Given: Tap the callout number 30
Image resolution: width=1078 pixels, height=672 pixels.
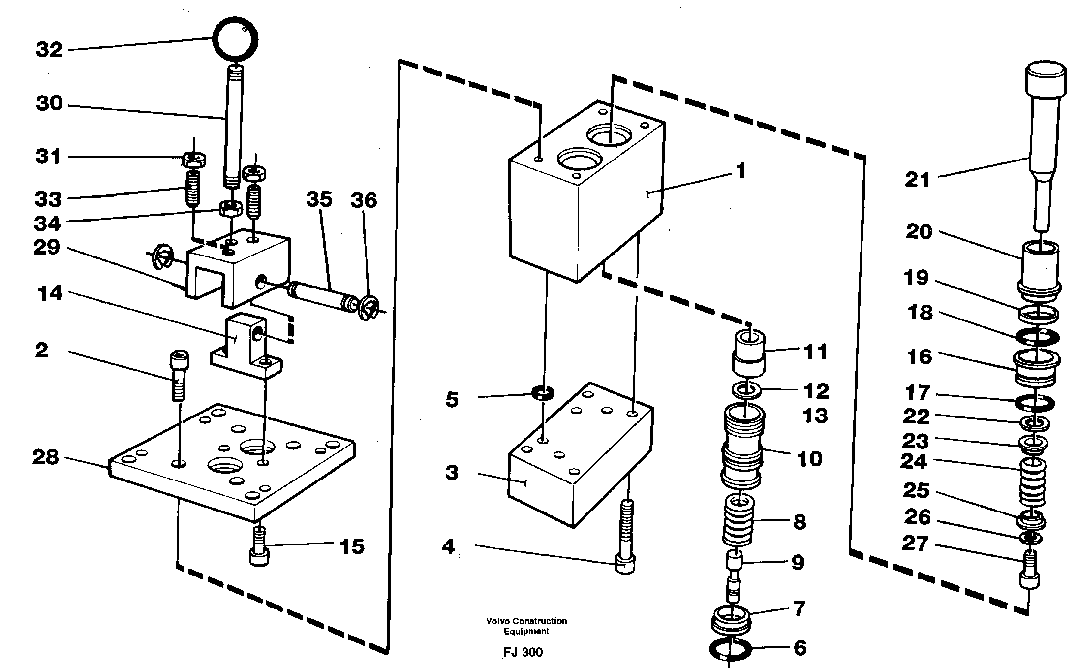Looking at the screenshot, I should point(49,103).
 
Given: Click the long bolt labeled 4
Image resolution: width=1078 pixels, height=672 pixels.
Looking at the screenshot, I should point(625,537).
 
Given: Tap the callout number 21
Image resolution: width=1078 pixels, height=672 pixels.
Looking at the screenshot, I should point(918,180).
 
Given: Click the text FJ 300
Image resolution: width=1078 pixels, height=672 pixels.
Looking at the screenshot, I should point(523,652).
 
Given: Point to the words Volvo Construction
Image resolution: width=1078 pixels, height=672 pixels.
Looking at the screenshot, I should point(526,621).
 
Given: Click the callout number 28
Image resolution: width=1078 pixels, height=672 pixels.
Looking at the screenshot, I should point(46,458).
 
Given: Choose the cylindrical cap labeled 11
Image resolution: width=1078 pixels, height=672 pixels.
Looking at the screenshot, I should point(748,353).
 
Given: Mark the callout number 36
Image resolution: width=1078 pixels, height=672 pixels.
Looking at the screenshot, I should point(364,200).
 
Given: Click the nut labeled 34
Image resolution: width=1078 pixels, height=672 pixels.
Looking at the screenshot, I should point(230,209).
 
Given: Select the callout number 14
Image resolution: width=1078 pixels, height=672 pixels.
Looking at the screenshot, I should point(50,294).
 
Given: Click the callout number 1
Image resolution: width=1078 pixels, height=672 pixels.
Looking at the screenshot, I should point(741,172).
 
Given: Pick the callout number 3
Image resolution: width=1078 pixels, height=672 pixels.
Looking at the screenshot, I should point(451,473).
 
